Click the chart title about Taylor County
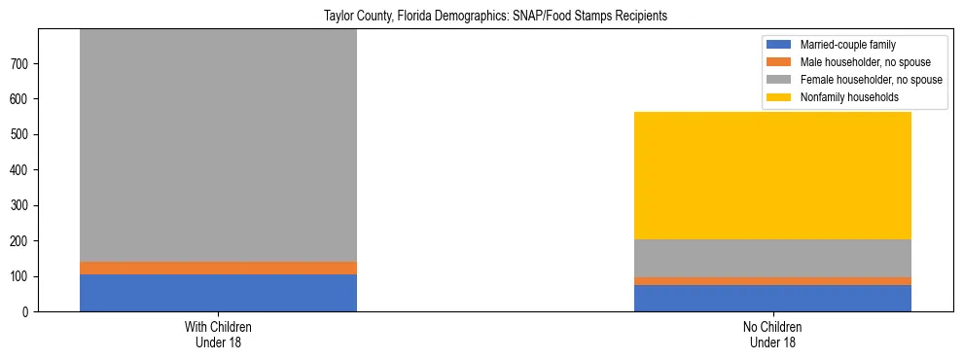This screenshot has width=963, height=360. coord(496,17)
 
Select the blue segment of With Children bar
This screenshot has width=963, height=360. coord(218,293)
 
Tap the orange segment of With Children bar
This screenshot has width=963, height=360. coord(218,269)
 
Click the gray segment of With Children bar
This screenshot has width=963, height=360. coord(218,146)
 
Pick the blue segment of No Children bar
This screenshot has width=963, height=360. coord(772,298)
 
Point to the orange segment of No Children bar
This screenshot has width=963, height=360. coord(772,281)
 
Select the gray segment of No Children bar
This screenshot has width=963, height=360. coord(772,258)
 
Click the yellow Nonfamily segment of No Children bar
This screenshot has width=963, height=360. coord(772,176)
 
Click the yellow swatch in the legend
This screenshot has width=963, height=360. coord(780,97)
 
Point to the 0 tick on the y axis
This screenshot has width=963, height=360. coord(24,312)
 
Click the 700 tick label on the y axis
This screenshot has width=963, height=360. coord(19,64)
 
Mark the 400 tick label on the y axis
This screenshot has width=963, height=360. coord(19,170)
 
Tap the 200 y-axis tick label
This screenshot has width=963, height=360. coord(19,241)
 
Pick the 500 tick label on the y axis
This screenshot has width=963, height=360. coord(19,135)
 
